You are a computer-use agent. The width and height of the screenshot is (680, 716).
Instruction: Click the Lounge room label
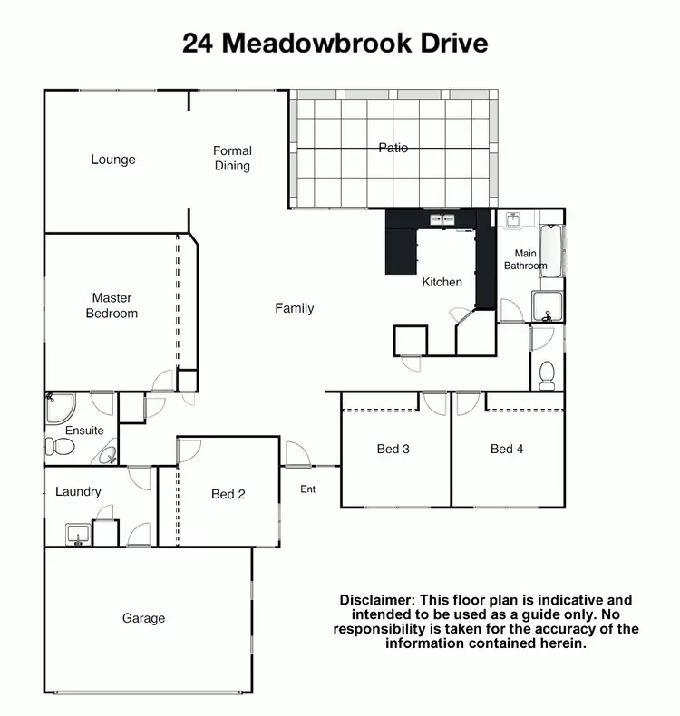[113, 160]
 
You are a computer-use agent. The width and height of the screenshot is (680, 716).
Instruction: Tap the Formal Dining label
[232, 159]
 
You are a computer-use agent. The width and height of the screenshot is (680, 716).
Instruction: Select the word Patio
[393, 148]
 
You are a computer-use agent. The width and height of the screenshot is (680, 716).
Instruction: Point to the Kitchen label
[442, 282]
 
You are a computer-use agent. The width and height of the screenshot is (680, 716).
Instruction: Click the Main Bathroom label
[526, 260]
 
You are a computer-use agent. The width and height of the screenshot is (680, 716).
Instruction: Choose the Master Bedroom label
[112, 305]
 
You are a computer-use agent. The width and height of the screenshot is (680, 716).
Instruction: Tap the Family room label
[295, 308]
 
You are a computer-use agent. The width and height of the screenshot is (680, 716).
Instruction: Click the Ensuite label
[84, 431]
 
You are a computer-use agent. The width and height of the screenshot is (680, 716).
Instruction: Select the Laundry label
[78, 491]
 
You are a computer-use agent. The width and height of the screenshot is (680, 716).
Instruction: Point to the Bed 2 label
[228, 494]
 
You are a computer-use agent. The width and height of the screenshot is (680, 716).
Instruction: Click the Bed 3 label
[393, 449]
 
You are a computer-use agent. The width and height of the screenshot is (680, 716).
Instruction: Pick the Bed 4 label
[507, 449]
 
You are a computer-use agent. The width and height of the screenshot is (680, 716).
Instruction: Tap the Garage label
[144, 618]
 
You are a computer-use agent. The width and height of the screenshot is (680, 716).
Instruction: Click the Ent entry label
[308, 490]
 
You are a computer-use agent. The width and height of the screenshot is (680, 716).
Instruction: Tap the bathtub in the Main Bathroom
[551, 250]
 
